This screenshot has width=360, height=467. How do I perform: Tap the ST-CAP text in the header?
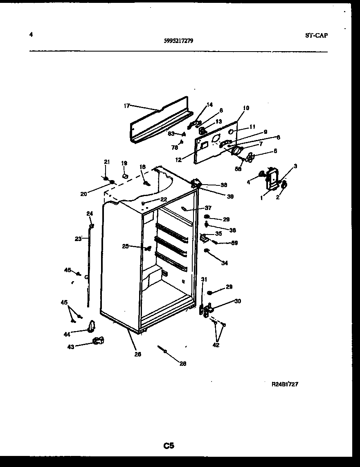point(316,35)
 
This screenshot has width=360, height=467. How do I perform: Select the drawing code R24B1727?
point(285,384)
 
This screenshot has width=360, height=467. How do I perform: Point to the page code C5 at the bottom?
point(169,446)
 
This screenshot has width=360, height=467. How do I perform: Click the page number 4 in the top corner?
point(31,35)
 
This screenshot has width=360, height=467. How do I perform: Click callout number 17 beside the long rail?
point(126,106)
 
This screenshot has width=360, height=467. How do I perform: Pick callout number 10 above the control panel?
point(246,108)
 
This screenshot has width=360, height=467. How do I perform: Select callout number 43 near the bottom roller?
point(71,347)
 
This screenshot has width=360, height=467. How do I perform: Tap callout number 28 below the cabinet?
point(183,363)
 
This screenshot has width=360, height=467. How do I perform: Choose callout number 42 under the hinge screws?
point(216,345)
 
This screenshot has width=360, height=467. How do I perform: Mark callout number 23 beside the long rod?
point(78,239)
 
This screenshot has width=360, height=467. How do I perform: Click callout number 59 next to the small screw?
point(234,243)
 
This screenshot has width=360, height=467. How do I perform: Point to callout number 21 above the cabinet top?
point(107,162)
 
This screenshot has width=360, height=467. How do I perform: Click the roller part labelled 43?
point(98,340)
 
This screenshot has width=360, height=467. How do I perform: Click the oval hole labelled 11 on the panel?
point(231,132)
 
